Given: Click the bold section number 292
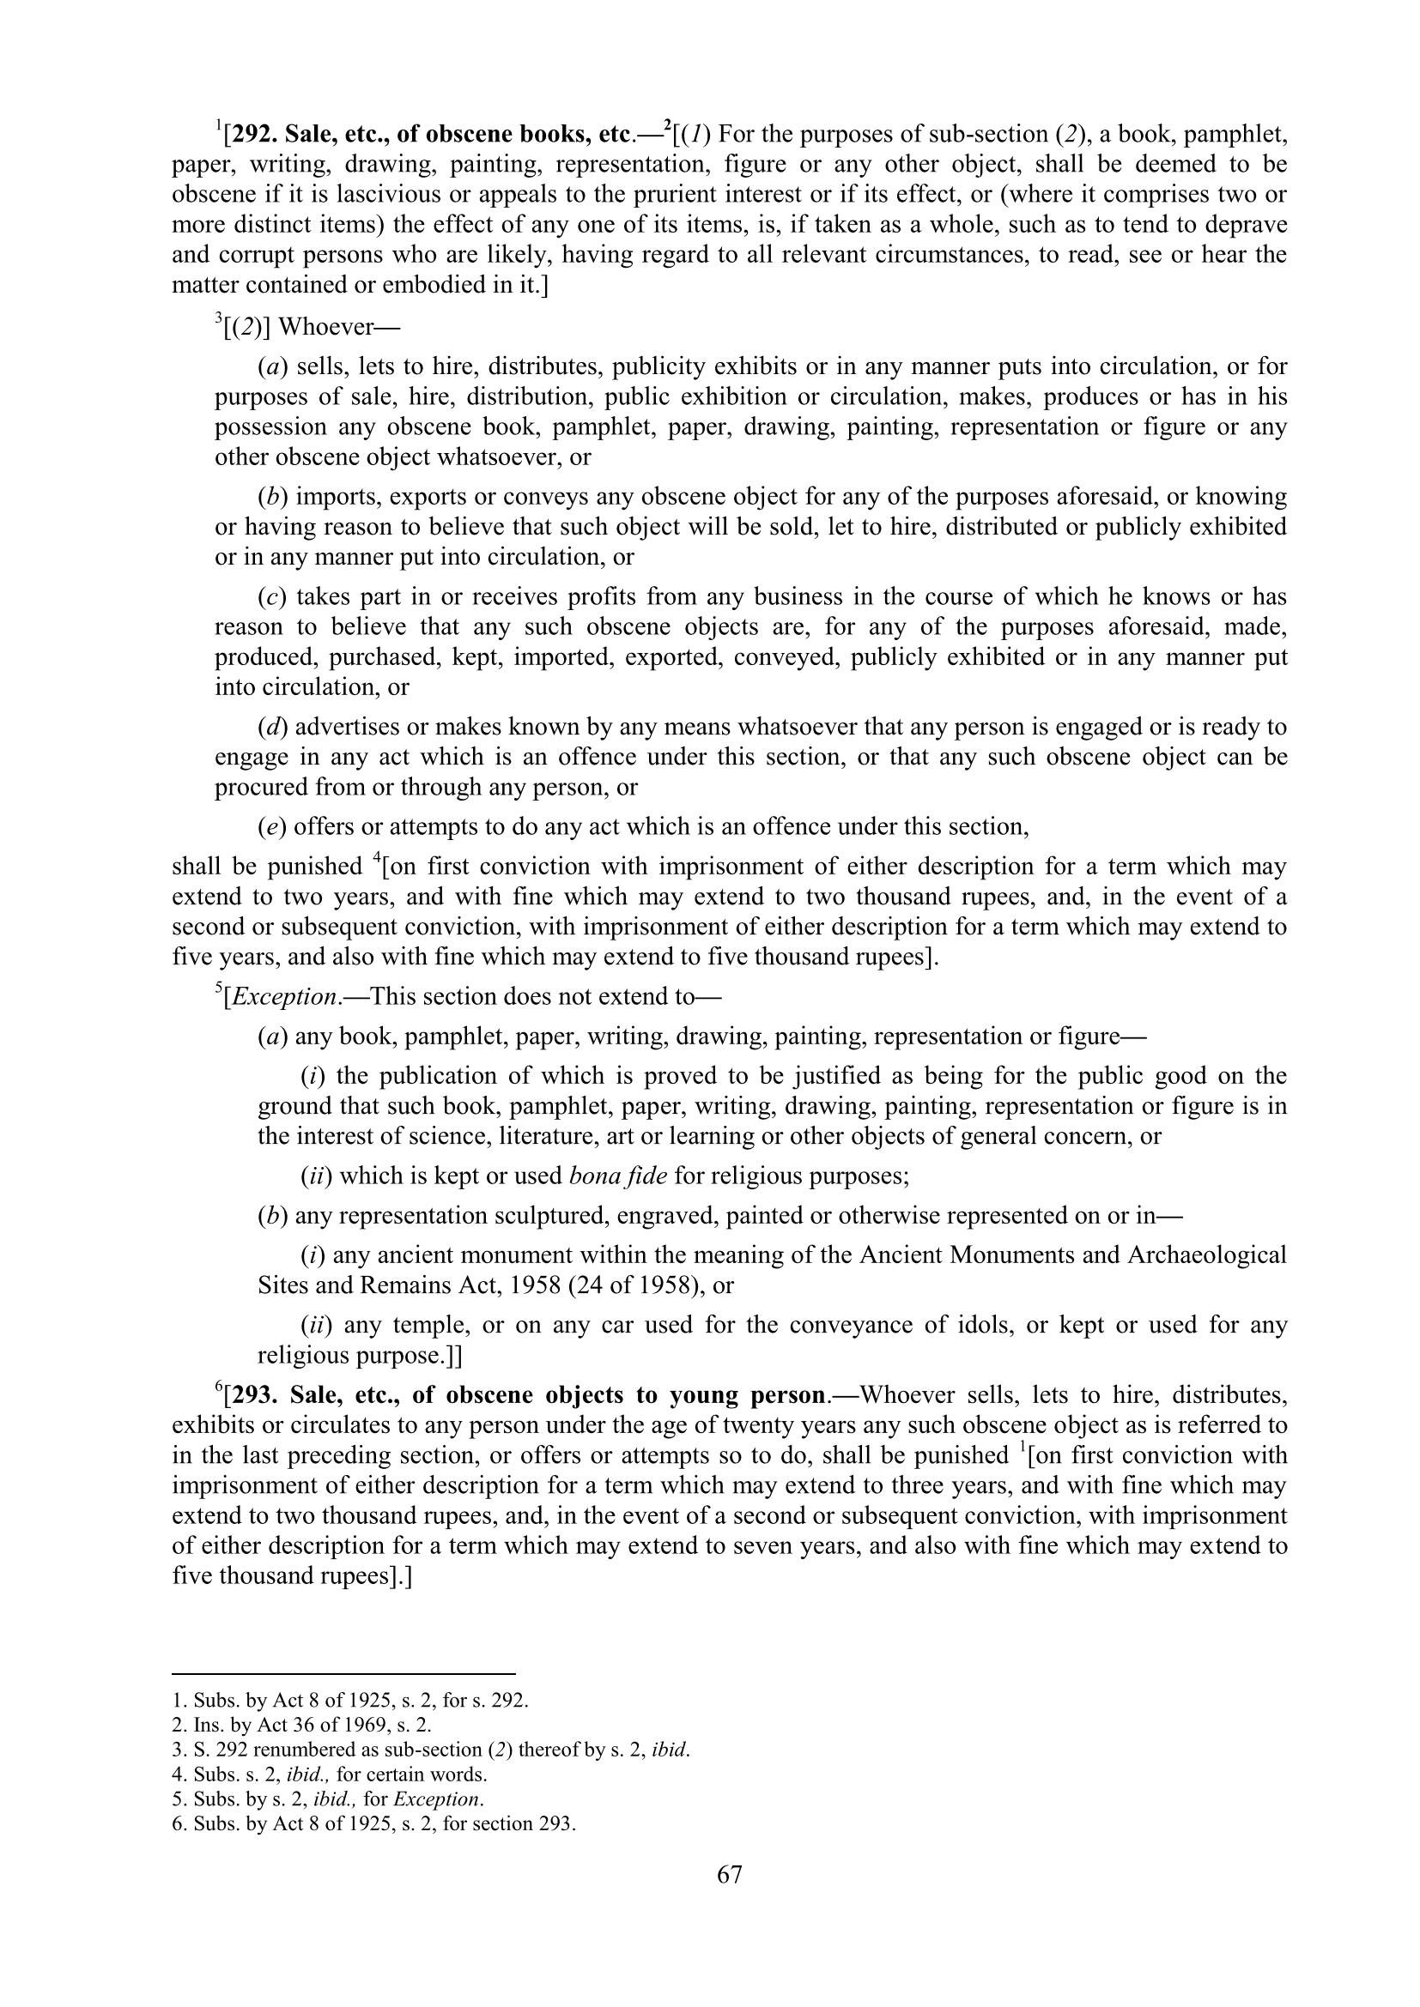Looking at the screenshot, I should tap(252, 135).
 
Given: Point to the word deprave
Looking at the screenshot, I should tap(1245, 225).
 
